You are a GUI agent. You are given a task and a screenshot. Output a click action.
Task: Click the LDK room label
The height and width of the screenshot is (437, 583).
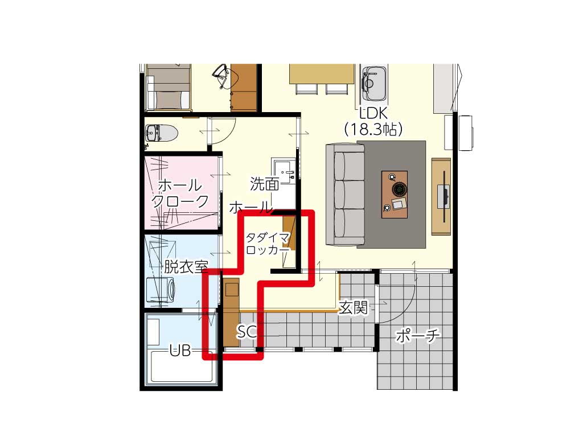pyautogui.click(x=373, y=113)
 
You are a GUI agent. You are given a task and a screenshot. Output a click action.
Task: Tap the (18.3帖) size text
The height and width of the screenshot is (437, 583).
pyautogui.click(x=373, y=129)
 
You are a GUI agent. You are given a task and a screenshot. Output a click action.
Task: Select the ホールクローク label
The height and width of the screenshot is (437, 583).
pyautogui.click(x=180, y=193)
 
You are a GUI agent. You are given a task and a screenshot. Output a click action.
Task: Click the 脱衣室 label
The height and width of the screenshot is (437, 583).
pyautogui.click(x=186, y=266)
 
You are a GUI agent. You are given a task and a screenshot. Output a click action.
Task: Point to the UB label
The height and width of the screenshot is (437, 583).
pyautogui.click(x=180, y=351)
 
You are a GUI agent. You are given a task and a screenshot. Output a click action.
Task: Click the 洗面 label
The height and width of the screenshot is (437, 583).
pyautogui.click(x=264, y=184)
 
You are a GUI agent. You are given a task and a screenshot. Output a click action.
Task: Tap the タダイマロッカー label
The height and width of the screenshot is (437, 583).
pyautogui.click(x=268, y=244)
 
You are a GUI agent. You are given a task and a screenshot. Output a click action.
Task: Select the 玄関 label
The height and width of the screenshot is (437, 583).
pyautogui.click(x=353, y=307)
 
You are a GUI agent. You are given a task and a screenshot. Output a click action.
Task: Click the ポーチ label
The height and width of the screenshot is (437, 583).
pyautogui.click(x=417, y=336)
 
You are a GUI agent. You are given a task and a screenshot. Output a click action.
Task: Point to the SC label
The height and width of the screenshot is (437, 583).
pyautogui.click(x=247, y=332)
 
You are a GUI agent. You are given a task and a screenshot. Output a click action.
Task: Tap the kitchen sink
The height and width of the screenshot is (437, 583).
pyautogui.click(x=375, y=84)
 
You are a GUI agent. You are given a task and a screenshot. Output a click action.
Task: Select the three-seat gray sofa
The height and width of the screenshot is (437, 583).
pyautogui.click(x=345, y=195)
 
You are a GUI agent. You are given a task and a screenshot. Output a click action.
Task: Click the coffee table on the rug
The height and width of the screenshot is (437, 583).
pyautogui.click(x=395, y=195)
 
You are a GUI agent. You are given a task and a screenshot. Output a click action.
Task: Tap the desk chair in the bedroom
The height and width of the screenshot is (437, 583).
pyautogui.click(x=222, y=76)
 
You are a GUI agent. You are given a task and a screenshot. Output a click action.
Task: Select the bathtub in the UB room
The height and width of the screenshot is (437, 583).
pyautogui.click(x=182, y=365)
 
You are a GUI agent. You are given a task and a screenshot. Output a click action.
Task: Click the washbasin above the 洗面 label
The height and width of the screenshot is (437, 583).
pyautogui.click(x=285, y=170)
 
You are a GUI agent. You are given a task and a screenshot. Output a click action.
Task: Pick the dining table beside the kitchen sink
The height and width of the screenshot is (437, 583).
pyautogui.click(x=322, y=74)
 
